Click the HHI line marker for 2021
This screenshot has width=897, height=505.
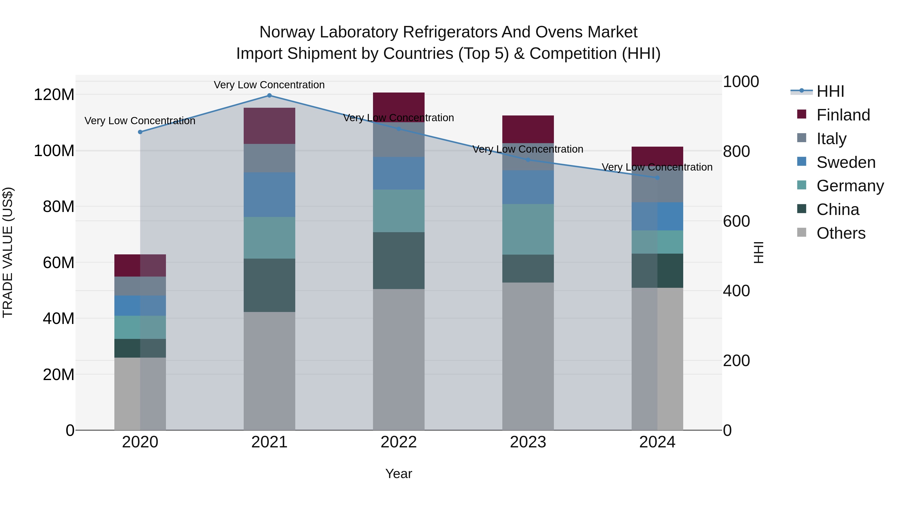[x=269, y=96]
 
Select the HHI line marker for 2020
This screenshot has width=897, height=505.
[x=140, y=132]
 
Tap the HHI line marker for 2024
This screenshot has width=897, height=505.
[x=657, y=178]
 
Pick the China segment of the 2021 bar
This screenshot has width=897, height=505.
[x=269, y=285]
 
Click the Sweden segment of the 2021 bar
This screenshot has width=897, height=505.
[x=269, y=195]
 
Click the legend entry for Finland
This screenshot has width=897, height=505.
[x=843, y=115]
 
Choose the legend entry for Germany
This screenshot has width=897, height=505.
[x=850, y=186]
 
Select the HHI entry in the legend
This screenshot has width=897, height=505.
[x=830, y=91]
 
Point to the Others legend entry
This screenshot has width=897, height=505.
[x=841, y=233]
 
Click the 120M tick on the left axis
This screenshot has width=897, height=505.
[x=54, y=95]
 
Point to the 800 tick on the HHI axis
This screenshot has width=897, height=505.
[x=736, y=151]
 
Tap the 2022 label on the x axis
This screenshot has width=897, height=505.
[x=398, y=442]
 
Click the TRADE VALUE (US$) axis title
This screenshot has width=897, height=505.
[x=8, y=252]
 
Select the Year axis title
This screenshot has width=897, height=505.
[x=398, y=474]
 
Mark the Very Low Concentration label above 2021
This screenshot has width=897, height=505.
[x=269, y=85]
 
